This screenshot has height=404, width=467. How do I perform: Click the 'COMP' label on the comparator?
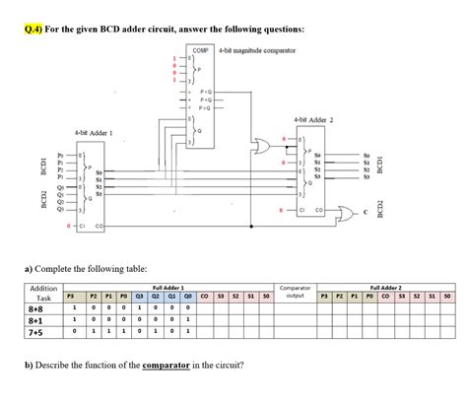coord(199,49)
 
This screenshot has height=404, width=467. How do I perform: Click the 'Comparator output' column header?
coord(295,291)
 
